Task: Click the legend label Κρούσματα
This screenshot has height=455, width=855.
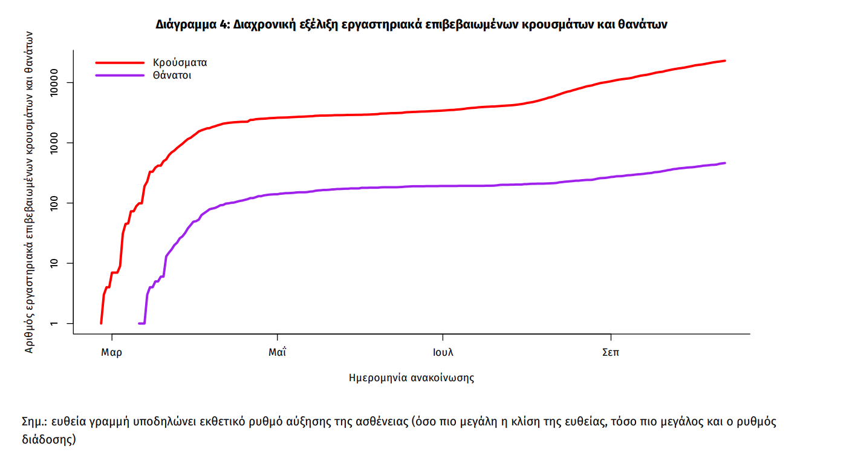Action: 181,62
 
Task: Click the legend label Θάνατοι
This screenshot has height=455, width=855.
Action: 172,76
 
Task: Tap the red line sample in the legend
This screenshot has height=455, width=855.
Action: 120,62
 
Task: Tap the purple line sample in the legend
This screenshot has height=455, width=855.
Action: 120,76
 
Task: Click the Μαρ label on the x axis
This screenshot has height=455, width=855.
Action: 111,352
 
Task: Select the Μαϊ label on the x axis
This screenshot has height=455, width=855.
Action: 277,352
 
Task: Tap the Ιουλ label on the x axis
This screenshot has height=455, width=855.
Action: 443,352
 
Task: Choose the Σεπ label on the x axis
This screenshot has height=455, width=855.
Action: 611,352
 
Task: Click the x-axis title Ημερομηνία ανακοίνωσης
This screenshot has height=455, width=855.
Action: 411,378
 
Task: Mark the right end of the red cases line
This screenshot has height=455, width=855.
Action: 724,61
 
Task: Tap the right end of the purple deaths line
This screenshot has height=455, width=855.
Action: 724,163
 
